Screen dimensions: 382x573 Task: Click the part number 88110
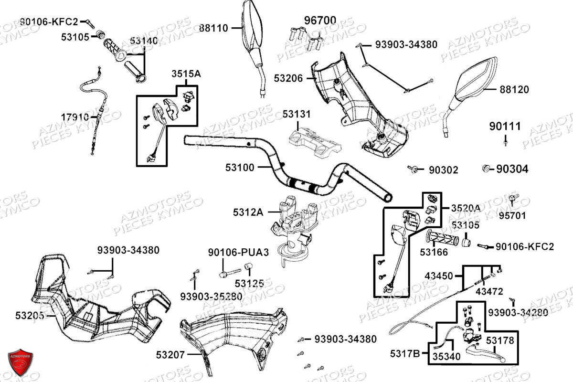(x=213, y=28)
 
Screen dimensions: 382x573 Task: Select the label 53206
(x=288, y=78)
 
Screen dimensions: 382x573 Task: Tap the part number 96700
(x=320, y=21)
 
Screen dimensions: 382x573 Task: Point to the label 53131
(x=296, y=115)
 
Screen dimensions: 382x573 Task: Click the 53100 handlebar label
(x=240, y=168)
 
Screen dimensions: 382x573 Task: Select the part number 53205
(x=30, y=315)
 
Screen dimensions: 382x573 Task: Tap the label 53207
(x=170, y=355)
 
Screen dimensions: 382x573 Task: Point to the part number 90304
(x=512, y=169)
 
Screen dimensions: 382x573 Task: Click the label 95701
(x=512, y=216)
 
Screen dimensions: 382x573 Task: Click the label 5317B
(x=405, y=354)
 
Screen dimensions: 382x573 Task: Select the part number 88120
(x=514, y=90)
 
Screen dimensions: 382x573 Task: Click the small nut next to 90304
(x=485, y=168)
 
